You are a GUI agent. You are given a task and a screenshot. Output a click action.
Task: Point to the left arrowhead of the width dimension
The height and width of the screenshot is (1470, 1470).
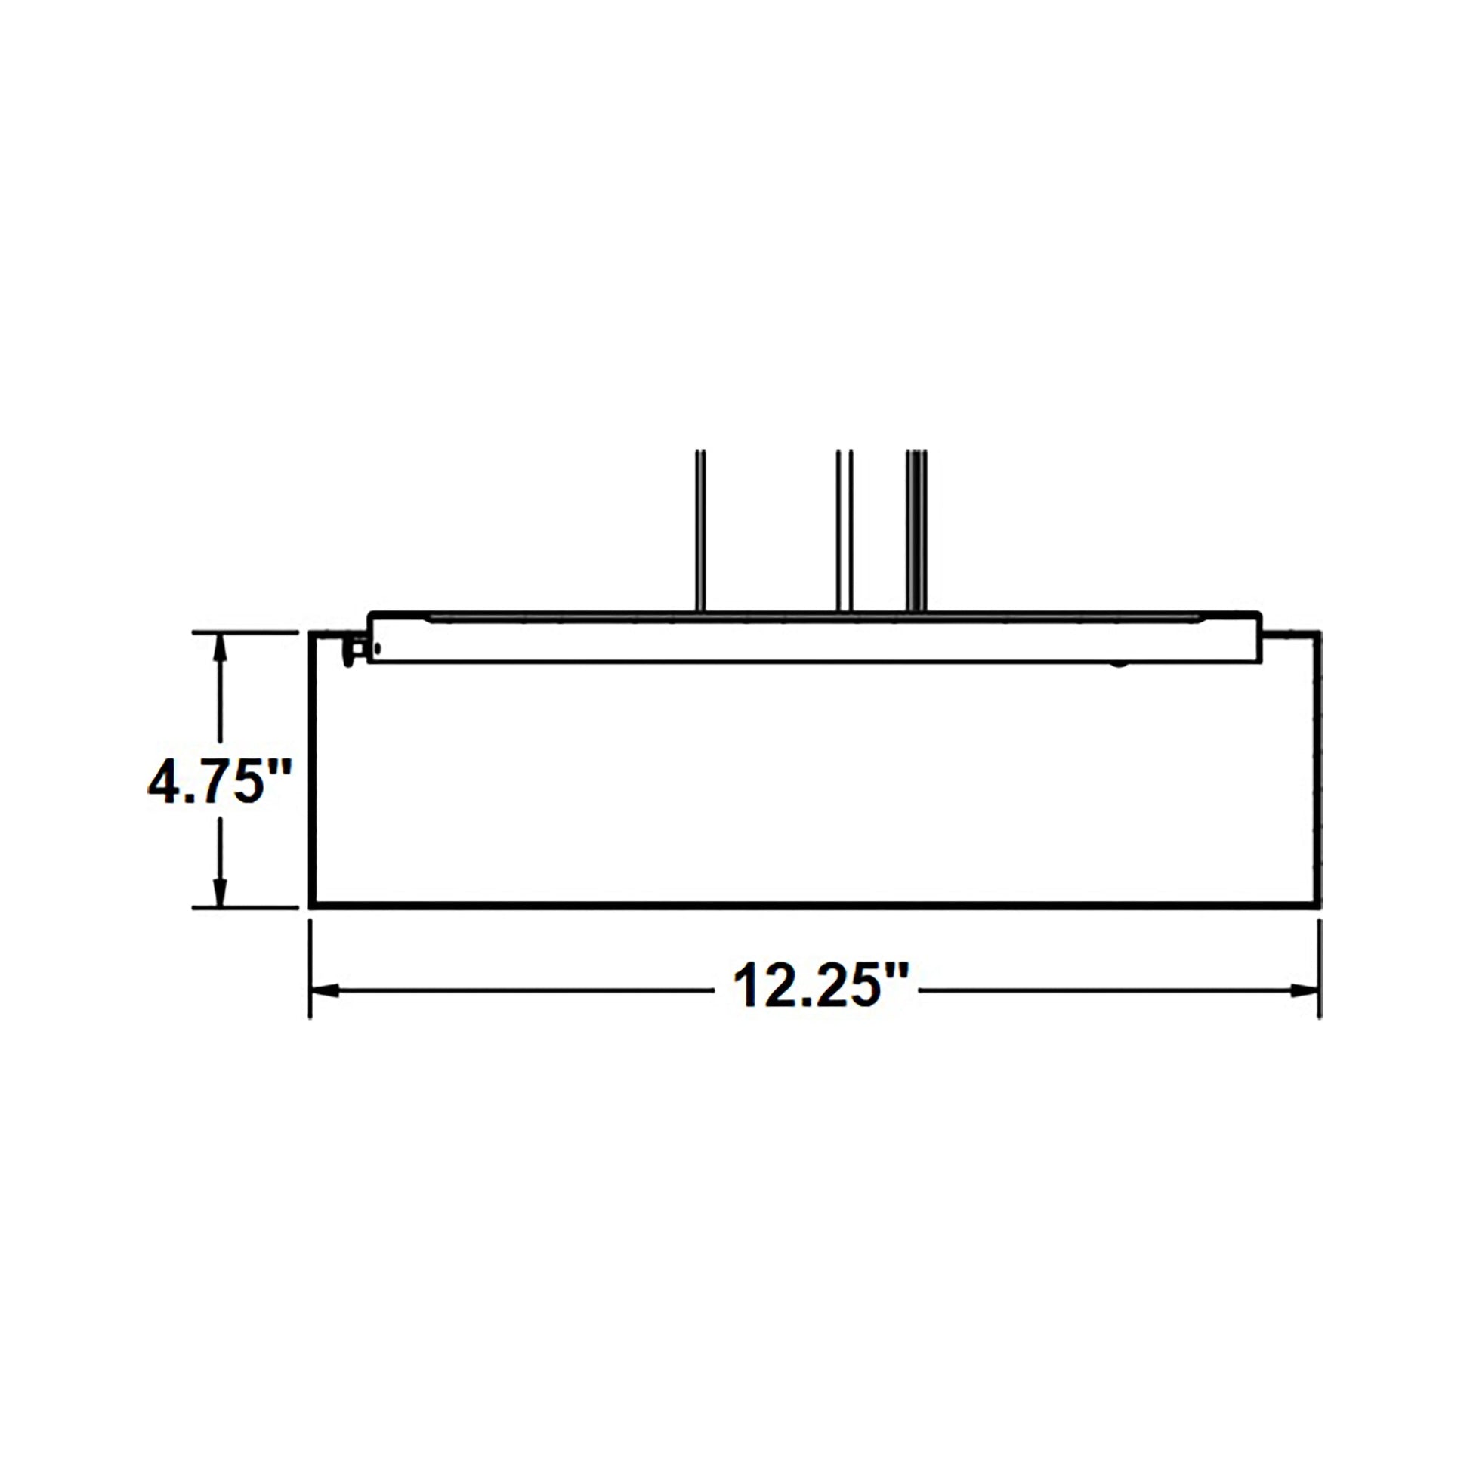click(324, 990)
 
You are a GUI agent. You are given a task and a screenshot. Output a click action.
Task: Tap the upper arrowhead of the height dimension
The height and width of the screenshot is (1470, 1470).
click(220, 645)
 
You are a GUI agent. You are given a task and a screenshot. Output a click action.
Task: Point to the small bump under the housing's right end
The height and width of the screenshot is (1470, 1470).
click(1118, 664)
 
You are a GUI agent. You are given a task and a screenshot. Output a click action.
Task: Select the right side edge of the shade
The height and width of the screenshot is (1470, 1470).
click(1320, 768)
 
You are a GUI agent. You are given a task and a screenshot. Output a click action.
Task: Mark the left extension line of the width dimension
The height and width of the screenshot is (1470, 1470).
click(310, 968)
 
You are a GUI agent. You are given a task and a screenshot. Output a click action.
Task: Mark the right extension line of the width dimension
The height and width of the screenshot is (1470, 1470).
click(1320, 968)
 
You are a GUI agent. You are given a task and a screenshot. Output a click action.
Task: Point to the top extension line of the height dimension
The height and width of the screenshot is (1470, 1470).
click(243, 632)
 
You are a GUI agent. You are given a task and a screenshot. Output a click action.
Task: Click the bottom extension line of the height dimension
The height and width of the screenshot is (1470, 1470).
click(243, 907)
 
